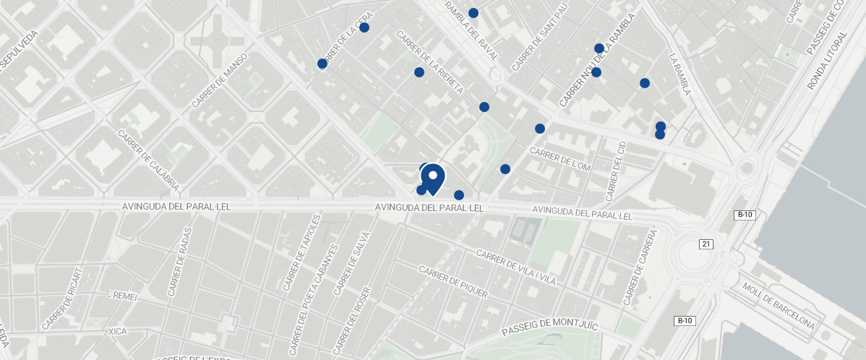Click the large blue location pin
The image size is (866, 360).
(432, 179)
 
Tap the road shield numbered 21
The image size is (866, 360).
(706, 244)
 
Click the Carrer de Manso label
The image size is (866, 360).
(220, 81)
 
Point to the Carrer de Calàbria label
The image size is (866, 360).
(148, 160)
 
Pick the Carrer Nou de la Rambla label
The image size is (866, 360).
(597, 61)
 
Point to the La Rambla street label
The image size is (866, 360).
(680, 74)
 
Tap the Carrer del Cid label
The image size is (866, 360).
(615, 171)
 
